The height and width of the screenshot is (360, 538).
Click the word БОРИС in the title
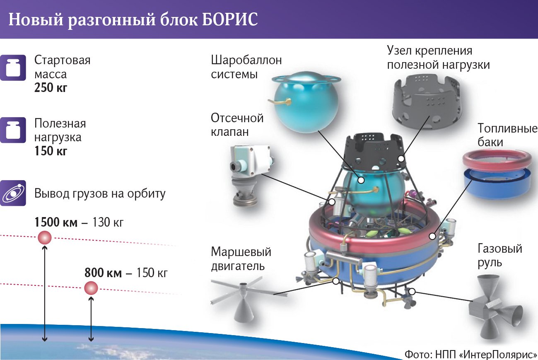click(230, 19)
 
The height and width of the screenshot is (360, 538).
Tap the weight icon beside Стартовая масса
click(13, 68)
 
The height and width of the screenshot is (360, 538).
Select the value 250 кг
click(51, 87)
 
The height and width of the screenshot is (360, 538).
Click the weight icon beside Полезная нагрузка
click(13, 130)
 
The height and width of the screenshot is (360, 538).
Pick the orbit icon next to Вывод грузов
click(13, 193)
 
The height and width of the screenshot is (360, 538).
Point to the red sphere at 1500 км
click(45, 237)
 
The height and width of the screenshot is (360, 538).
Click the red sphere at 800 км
click(91, 288)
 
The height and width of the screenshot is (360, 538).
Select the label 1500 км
click(56, 222)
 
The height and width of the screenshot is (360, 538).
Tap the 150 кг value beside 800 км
click(152, 273)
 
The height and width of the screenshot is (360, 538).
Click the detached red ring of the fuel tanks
click(497, 160)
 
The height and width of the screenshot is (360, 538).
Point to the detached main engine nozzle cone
click(244, 310)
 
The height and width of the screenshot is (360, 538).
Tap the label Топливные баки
click(507, 135)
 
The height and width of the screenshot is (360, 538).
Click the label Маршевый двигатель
click(241, 259)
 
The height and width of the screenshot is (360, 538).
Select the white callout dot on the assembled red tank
click(432, 236)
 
